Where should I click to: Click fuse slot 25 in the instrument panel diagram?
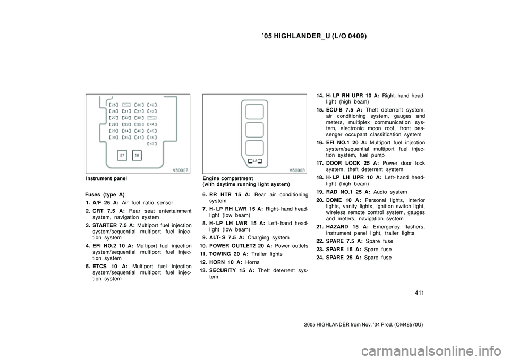pos(114,105)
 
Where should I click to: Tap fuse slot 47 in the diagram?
pos(152,144)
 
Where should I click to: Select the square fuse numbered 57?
pos(122,156)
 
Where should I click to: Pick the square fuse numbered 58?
pos(137,156)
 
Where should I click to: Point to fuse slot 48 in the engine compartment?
pos(255,161)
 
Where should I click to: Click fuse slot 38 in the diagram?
pos(139,118)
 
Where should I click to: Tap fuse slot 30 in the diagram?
pos(114,137)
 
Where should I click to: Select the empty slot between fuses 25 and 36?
pos(126,105)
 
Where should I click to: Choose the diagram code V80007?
pos(180,170)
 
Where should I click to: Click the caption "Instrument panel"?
pos(106,178)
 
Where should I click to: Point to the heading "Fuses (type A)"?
pos(105,195)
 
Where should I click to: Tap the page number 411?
pos(420,293)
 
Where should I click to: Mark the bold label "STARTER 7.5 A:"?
pos(114,225)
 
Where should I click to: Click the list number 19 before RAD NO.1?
pos(320,192)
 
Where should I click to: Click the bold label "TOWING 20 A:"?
pos(229,254)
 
